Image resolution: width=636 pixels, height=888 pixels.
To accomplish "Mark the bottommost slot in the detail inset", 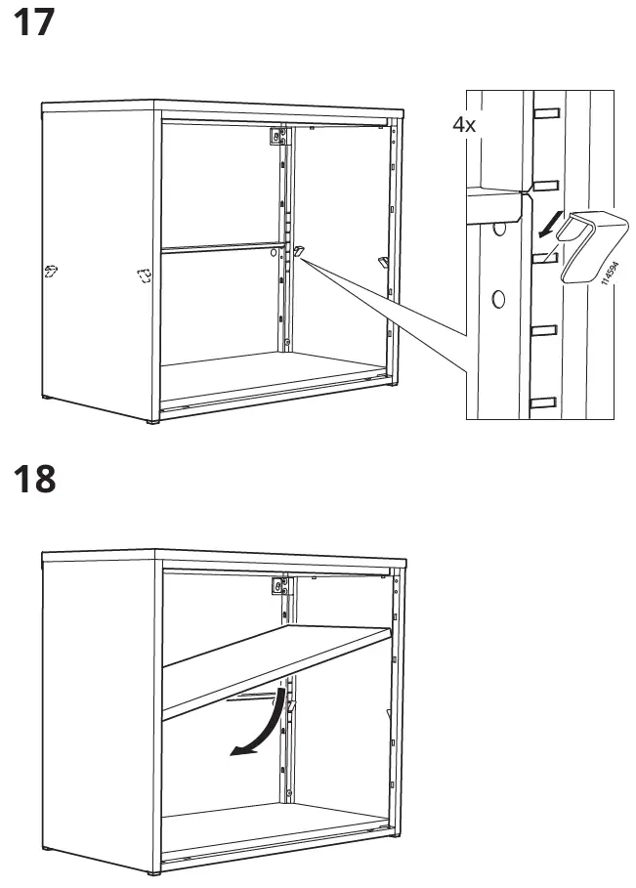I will [x=543, y=401].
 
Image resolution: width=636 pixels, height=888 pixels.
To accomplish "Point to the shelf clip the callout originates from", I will [x=298, y=254].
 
